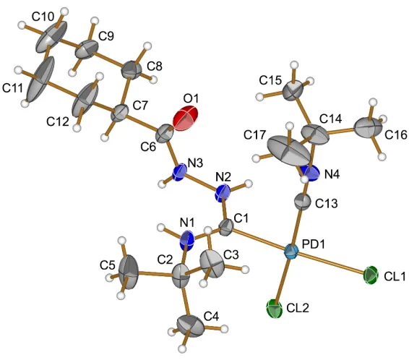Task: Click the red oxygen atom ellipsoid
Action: click(186, 118)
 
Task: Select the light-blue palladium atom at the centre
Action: click(290, 252)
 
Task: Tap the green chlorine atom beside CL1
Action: click(371, 275)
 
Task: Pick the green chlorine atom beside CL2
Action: click(275, 309)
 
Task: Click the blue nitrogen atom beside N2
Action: click(223, 193)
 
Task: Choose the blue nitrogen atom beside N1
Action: click(187, 241)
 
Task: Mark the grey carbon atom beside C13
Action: click(303, 202)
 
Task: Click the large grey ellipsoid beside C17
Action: click(289, 150)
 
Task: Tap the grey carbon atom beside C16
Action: click(368, 127)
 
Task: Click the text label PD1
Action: click(314, 244)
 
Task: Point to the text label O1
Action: click(191, 99)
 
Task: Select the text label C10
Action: click(43, 17)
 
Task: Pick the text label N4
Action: click(332, 175)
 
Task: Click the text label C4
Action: click(211, 317)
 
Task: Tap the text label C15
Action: click(270, 80)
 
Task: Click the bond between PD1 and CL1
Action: click(330, 263)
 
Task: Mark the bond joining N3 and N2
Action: click(201, 183)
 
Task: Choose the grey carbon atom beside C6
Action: click(165, 134)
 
